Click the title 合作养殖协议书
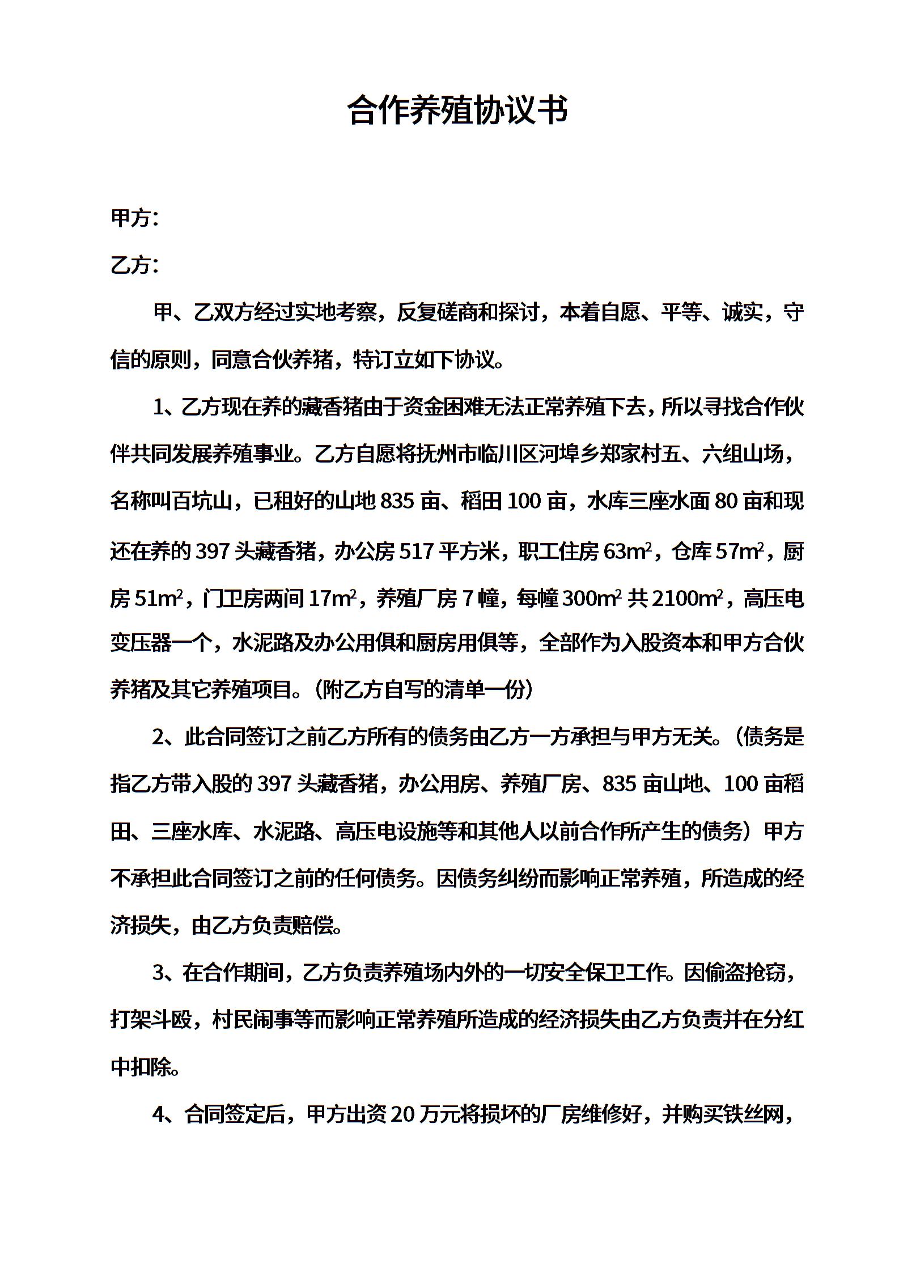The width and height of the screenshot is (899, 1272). (x=457, y=110)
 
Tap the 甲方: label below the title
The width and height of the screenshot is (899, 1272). (x=134, y=218)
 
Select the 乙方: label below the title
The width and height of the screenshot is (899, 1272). (x=134, y=265)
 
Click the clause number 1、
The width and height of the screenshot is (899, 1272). (x=165, y=407)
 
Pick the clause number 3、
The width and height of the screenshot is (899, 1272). (x=165, y=973)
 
